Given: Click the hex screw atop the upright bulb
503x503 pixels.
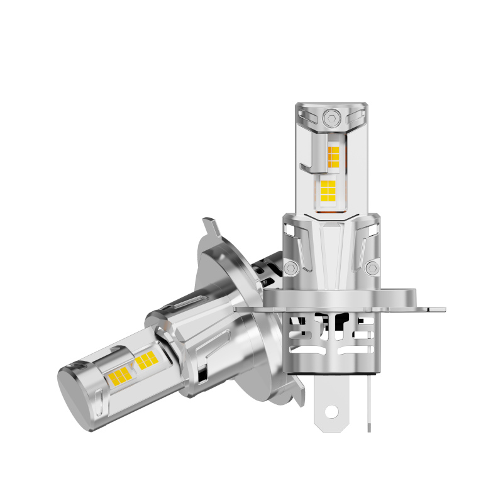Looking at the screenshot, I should pos(331,118).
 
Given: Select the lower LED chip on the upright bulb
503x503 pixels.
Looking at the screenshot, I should pos(328,189).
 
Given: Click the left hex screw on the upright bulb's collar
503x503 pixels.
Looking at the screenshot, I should pos(290,268).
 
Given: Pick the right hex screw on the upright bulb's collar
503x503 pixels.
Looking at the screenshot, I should pos(372,268).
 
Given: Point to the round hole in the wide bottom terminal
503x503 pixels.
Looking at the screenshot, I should pos(331,413).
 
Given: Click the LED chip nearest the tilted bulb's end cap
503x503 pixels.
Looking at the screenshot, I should pos(119,376).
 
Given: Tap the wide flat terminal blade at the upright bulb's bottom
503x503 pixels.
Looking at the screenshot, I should pos(331,402).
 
